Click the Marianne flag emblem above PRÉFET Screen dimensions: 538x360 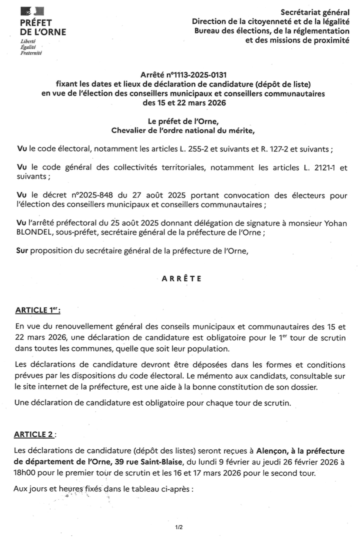click(x=33, y=12)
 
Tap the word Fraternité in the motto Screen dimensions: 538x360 click(x=31, y=54)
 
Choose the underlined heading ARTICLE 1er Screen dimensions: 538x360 click(x=37, y=311)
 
